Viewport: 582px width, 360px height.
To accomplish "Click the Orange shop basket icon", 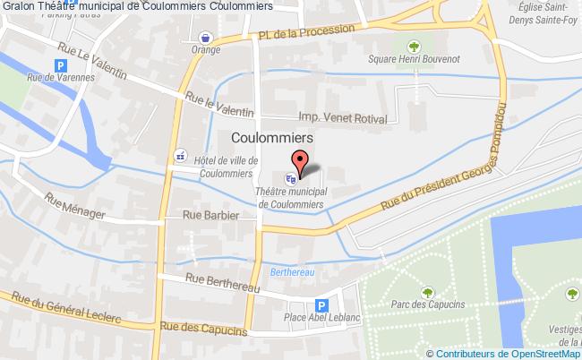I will click(206, 38).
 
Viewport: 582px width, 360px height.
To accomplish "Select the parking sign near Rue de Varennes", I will click(61, 65).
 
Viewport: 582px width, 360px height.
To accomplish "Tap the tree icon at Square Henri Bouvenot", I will click(413, 46).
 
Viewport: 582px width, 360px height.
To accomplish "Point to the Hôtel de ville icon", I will click(181, 152).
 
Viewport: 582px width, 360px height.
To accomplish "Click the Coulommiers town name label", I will click(271, 138).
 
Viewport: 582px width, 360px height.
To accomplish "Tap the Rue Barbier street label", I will click(210, 216).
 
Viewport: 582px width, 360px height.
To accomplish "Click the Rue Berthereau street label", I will click(223, 284).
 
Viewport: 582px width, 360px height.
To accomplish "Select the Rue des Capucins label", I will click(202, 330).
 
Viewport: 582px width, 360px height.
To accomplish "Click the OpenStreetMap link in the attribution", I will click(542, 353).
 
